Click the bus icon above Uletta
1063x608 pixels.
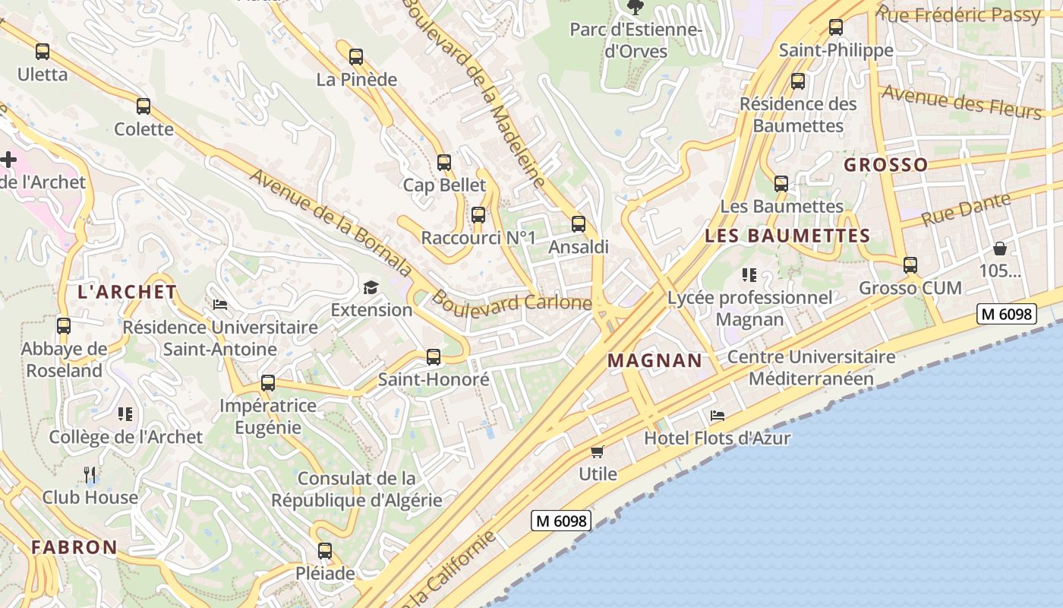pyautogui.click(x=43, y=52)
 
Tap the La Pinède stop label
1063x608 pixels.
pyautogui.click(x=356, y=79)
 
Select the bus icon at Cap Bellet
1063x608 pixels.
pyautogui.click(x=444, y=163)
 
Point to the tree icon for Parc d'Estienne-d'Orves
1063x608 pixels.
pyautogui.click(x=635, y=8)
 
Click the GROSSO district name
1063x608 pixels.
pyautogui.click(x=886, y=164)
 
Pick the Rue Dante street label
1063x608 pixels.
pyautogui.click(x=967, y=210)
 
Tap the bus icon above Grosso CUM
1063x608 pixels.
pyautogui.click(x=910, y=265)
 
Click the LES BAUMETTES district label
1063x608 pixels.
pyautogui.click(x=787, y=236)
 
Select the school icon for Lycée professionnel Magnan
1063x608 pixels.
pyautogui.click(x=749, y=275)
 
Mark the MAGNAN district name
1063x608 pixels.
pyautogui.click(x=655, y=360)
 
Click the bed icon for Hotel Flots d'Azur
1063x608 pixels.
pyautogui.click(x=717, y=416)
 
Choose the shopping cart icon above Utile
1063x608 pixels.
pyautogui.click(x=598, y=452)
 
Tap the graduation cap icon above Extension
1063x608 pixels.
pyautogui.click(x=371, y=287)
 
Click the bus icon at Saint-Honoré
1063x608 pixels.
pyautogui.click(x=434, y=356)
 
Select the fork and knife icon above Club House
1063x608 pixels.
pyautogui.click(x=90, y=475)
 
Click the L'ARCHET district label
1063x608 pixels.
pyautogui.click(x=128, y=292)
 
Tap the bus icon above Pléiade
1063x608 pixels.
pyautogui.click(x=325, y=551)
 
